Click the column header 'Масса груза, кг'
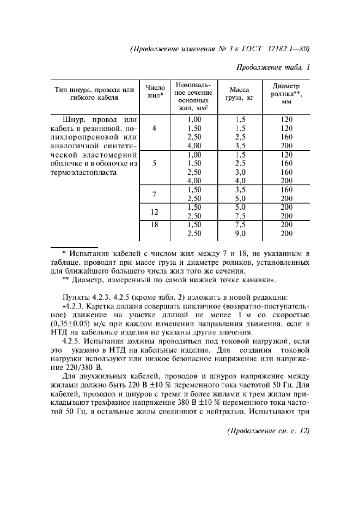240,95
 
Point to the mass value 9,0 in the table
240,233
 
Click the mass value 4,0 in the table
240,180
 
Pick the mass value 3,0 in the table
240,172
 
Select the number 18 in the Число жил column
155,224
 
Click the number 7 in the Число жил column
155,194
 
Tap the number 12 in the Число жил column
155,211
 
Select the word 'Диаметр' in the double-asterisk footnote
89,280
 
